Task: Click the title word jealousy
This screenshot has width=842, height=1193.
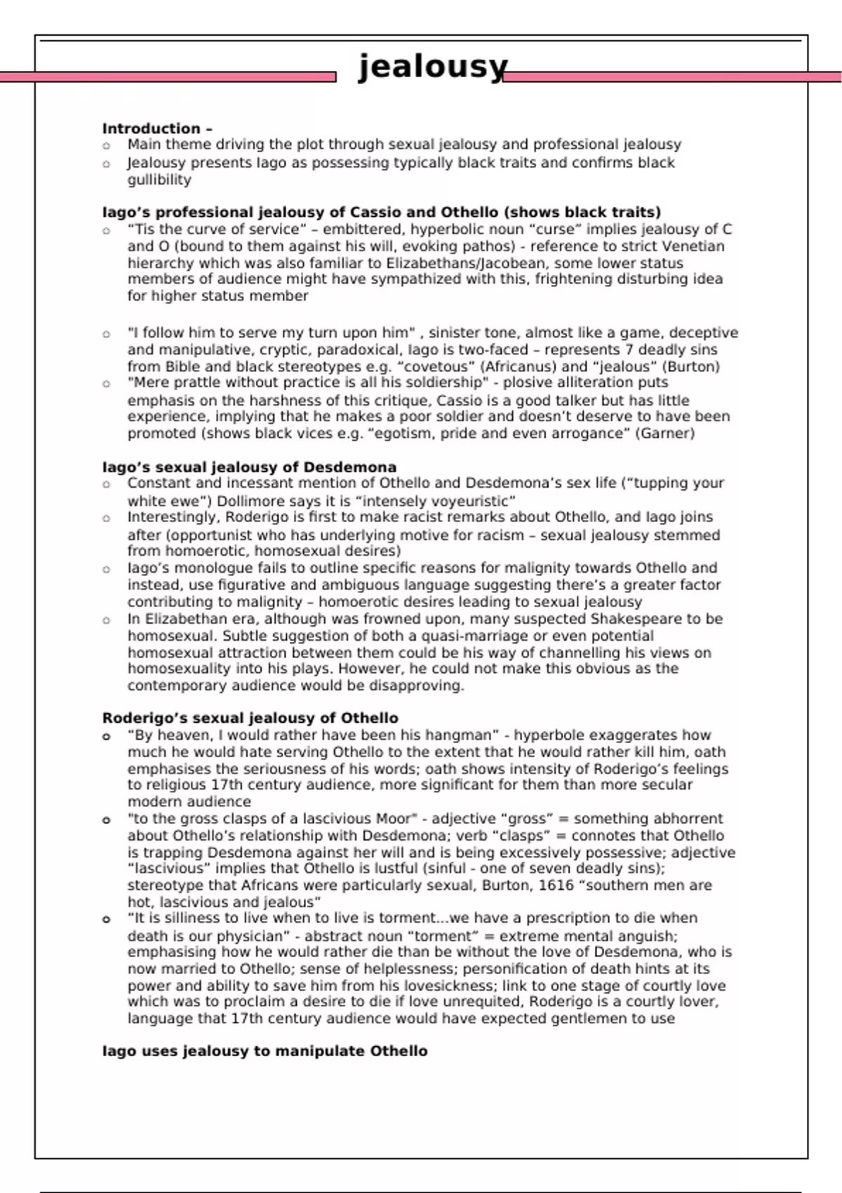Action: point(432,67)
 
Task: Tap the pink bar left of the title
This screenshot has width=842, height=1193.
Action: point(168,76)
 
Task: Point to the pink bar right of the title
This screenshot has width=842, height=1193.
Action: point(672,76)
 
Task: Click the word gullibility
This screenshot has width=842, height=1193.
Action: point(159,180)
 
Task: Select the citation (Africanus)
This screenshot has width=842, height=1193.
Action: point(519,366)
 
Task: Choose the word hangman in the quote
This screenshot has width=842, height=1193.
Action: point(460,735)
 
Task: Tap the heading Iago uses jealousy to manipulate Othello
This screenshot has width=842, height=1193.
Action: point(265,1051)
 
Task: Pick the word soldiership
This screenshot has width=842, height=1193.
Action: point(443,382)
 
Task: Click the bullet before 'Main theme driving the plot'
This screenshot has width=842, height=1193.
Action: point(107,146)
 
